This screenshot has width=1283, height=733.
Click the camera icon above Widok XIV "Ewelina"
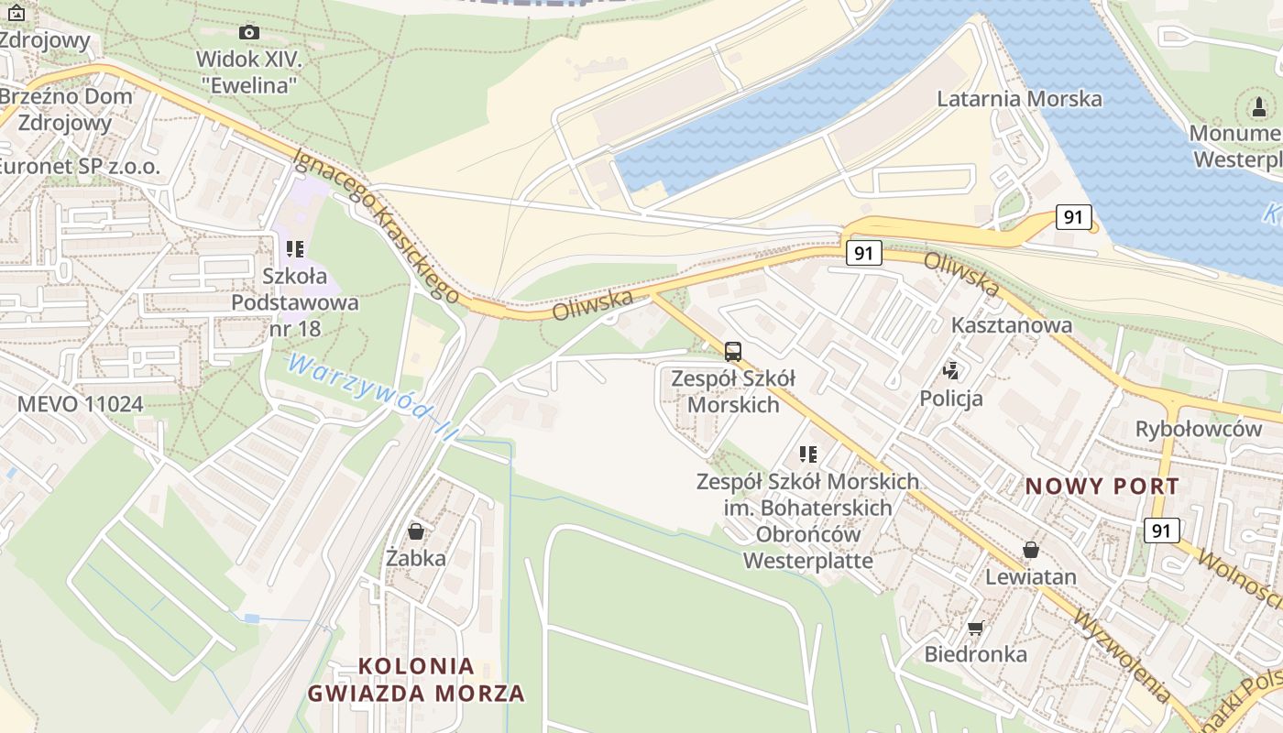pyautogui.click(x=248, y=33)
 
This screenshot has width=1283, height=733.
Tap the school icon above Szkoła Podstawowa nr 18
pyautogui.click(x=294, y=248)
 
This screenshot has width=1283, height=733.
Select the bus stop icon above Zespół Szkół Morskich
pyautogui.click(x=732, y=351)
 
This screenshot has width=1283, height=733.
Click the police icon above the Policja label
pyautogui.click(x=951, y=371)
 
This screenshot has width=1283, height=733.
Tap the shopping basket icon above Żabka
pyautogui.click(x=416, y=531)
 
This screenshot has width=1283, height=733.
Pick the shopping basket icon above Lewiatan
pyautogui.click(x=1031, y=550)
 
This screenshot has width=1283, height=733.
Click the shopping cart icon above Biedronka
pyautogui.click(x=975, y=628)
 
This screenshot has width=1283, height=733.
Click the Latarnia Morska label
pyautogui.click(x=1019, y=98)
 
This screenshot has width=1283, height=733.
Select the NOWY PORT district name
pyautogui.click(x=1102, y=487)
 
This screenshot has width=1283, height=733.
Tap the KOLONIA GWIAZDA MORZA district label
pyautogui.click(x=416, y=679)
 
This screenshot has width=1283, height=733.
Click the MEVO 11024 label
pyautogui.click(x=81, y=404)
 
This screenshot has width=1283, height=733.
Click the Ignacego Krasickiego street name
pyautogui.click(x=376, y=224)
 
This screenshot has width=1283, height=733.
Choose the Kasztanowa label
pyautogui.click(x=1012, y=325)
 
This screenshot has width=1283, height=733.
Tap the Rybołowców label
pyautogui.click(x=1199, y=429)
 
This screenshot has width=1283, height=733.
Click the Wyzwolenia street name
pyautogui.click(x=1123, y=656)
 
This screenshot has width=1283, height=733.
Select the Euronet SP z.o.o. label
pyautogui.click(x=79, y=167)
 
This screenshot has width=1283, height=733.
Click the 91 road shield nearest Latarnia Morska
pyautogui.click(x=1073, y=217)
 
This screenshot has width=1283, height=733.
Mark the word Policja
pyautogui.click(x=951, y=398)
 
